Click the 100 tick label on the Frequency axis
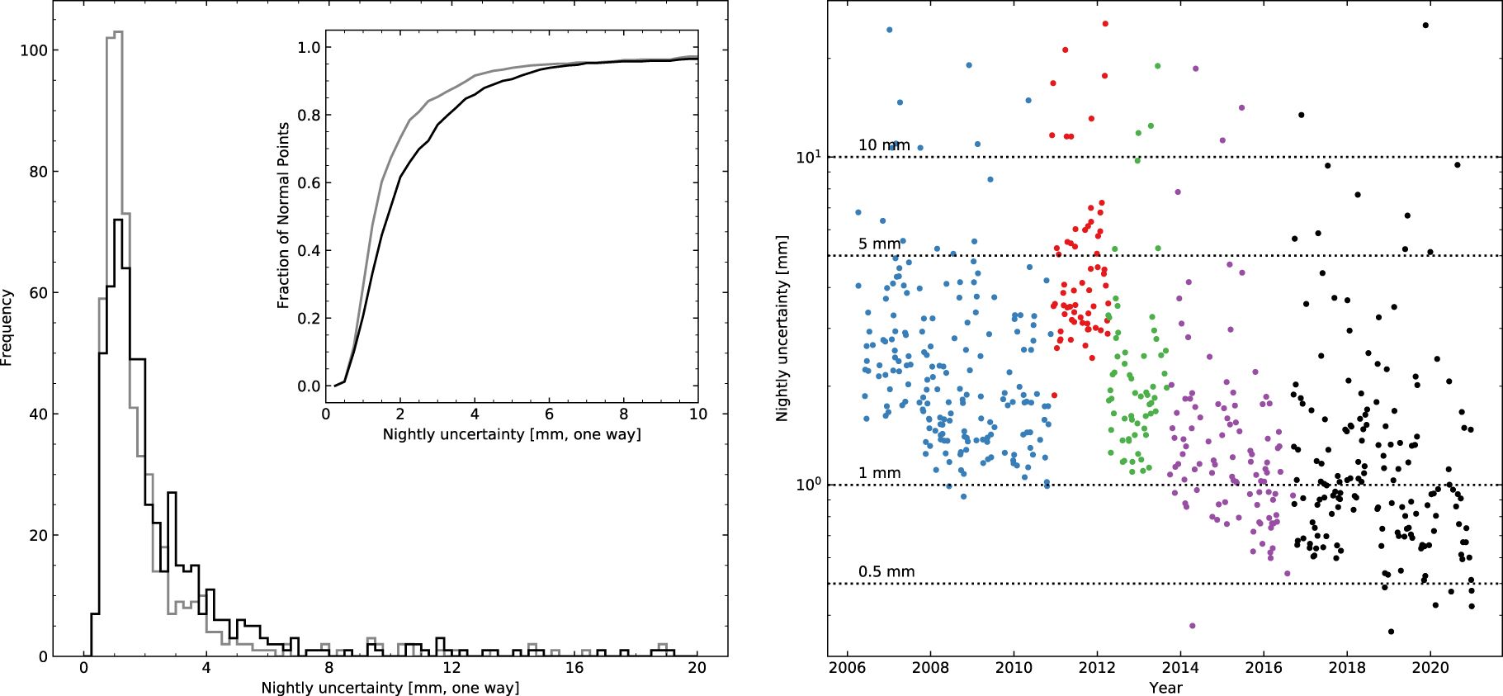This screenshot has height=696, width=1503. click(x=34, y=50)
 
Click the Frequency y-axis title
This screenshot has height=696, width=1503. click(x=7, y=327)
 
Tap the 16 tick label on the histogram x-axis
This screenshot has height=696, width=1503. click(x=574, y=668)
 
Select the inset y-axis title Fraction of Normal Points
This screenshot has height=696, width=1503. click(x=283, y=215)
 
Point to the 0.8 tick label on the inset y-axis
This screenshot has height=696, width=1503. click(x=309, y=116)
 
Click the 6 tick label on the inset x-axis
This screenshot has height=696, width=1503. click(x=549, y=414)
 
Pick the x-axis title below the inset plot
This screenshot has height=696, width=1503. click(x=512, y=434)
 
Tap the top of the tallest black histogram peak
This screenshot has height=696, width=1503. click(x=118, y=220)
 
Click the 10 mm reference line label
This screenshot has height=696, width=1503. click(x=883, y=145)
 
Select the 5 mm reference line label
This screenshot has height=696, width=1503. click(x=879, y=244)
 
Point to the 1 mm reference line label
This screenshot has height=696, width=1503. click(x=879, y=473)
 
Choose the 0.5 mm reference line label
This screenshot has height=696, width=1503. click(x=886, y=571)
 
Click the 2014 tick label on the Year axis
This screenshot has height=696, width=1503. click(x=1180, y=668)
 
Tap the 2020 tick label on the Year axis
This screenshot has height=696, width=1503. click(x=1430, y=668)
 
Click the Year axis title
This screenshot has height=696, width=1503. click(x=1165, y=688)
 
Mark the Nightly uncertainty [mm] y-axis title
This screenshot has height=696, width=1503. click(x=782, y=329)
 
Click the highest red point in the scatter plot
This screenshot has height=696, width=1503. click(x=1105, y=24)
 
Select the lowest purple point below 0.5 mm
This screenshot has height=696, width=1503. click(x=1192, y=626)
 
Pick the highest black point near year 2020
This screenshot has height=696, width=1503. click(x=1425, y=26)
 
